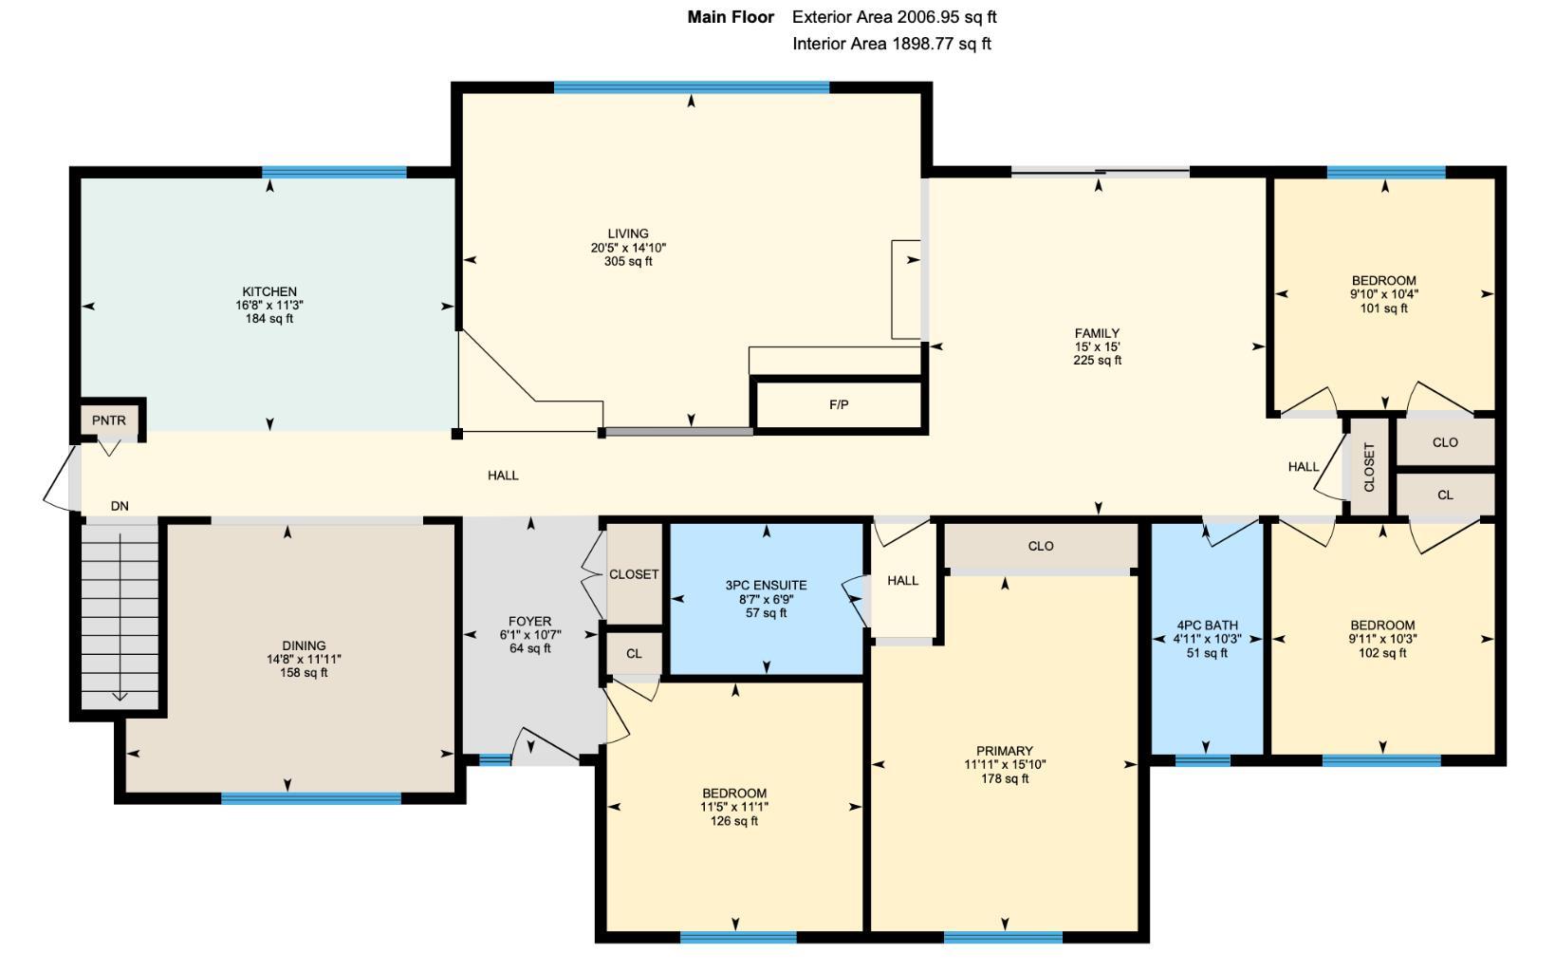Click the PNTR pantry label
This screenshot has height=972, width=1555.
(x=109, y=421)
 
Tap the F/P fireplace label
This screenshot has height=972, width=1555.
(x=839, y=404)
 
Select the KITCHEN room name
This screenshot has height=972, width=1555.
(x=269, y=291)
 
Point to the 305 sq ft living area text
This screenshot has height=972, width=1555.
(x=628, y=261)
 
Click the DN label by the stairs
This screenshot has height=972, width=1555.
(x=120, y=506)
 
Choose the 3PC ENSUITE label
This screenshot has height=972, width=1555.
(x=767, y=586)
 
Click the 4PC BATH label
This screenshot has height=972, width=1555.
(x=1207, y=626)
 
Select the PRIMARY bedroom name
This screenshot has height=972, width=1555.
(x=1005, y=751)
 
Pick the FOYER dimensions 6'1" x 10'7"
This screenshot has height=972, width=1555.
(x=530, y=635)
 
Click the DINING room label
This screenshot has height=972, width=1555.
(x=304, y=645)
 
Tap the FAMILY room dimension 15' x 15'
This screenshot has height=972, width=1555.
(x=1098, y=346)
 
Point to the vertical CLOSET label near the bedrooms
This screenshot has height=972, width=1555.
(x=1369, y=467)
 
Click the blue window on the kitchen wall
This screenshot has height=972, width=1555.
(x=334, y=173)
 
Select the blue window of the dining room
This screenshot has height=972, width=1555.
(x=311, y=798)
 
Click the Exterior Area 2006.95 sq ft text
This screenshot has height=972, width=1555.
(x=894, y=17)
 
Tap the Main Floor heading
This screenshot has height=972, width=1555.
(x=731, y=17)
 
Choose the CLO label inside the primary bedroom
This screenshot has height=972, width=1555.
(x=1041, y=546)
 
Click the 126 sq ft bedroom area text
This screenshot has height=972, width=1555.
(x=733, y=821)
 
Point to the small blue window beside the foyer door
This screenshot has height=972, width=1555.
(x=495, y=760)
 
